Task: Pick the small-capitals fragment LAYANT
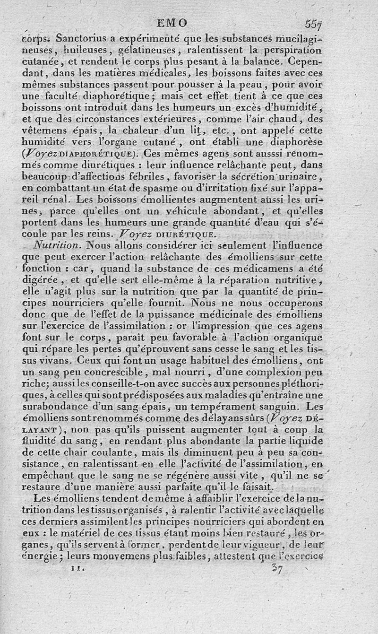[39, 430]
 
